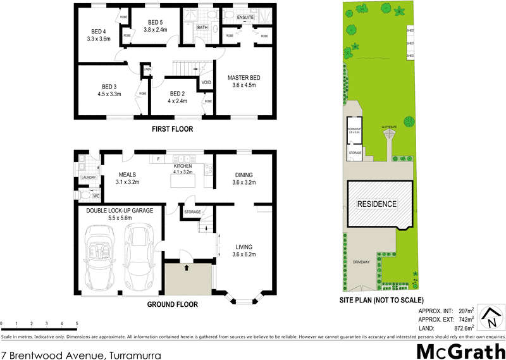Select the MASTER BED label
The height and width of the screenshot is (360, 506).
pyautogui.click(x=244, y=78)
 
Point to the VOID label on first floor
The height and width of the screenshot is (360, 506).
pyautogui.click(x=206, y=82)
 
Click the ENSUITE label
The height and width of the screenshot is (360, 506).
pyautogui.click(x=245, y=17)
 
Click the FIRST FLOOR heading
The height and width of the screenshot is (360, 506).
pyautogui.click(x=172, y=129)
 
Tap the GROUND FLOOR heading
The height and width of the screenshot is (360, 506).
pyautogui.click(x=172, y=304)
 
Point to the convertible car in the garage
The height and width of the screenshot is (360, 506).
pyautogui.click(x=102, y=259)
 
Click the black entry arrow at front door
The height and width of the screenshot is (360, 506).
pyautogui.click(x=187, y=268)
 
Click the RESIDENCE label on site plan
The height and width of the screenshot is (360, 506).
pyautogui.click(x=377, y=204)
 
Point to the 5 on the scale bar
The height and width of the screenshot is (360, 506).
pyautogui.click(x=77, y=324)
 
